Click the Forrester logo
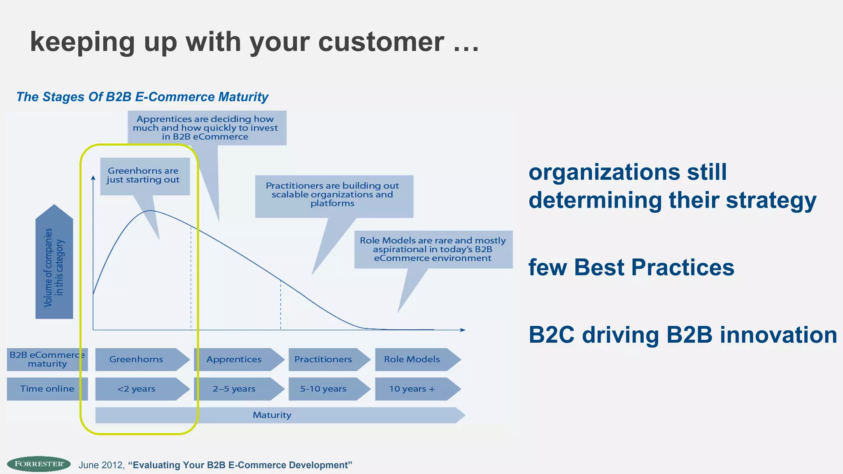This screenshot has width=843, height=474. [x=39, y=464]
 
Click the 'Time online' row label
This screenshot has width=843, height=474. [x=47, y=389]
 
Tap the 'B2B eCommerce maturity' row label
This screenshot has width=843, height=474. [x=47, y=359]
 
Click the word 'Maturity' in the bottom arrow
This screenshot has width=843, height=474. [x=272, y=415]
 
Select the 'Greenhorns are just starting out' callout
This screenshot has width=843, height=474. [x=144, y=176]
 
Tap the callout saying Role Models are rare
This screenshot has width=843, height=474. [x=433, y=249]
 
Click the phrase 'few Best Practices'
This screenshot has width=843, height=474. [x=631, y=267]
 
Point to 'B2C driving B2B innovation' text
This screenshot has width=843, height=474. [x=682, y=335]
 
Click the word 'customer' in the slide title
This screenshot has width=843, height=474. [x=381, y=42]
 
